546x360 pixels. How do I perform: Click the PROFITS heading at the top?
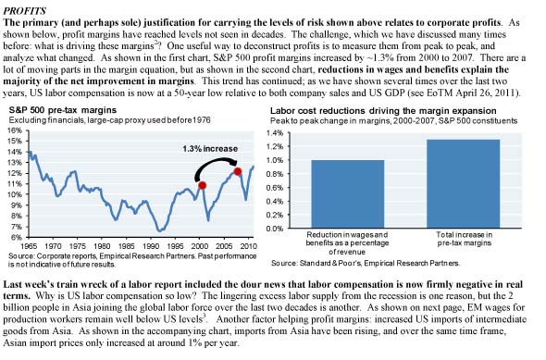pyautogui.click(x=24, y=11)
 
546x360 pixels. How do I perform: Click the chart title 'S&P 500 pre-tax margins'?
pyautogui.click(x=63, y=110)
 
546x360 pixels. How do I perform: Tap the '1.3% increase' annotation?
pyautogui.click(x=210, y=149)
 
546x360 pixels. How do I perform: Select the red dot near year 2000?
pyautogui.click(x=202, y=186)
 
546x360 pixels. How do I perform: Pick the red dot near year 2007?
pyautogui.click(x=238, y=171)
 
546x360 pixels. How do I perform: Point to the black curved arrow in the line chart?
pyautogui.click(x=215, y=160)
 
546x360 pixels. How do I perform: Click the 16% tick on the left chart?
pyautogui.click(x=16, y=130)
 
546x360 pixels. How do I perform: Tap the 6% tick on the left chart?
pyautogui.click(x=17, y=238)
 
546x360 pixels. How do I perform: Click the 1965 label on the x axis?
pyautogui.click(x=29, y=246)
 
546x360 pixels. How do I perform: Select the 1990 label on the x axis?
pyautogui.click(x=151, y=246)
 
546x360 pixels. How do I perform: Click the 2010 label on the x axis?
pyautogui.click(x=248, y=246)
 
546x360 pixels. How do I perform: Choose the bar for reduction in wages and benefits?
pyautogui.click(x=348, y=194)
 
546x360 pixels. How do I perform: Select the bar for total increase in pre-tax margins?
pyautogui.click(x=463, y=184)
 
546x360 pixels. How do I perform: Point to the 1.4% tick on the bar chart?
pyautogui.click(x=276, y=133)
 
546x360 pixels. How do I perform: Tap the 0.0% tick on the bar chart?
pyautogui.click(x=276, y=229)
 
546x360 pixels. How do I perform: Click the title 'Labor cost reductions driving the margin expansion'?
pyautogui.click(x=383, y=111)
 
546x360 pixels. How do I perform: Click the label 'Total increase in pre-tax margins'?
pyautogui.click(x=465, y=239)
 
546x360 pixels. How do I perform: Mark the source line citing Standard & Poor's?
pyautogui.click(x=366, y=263)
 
